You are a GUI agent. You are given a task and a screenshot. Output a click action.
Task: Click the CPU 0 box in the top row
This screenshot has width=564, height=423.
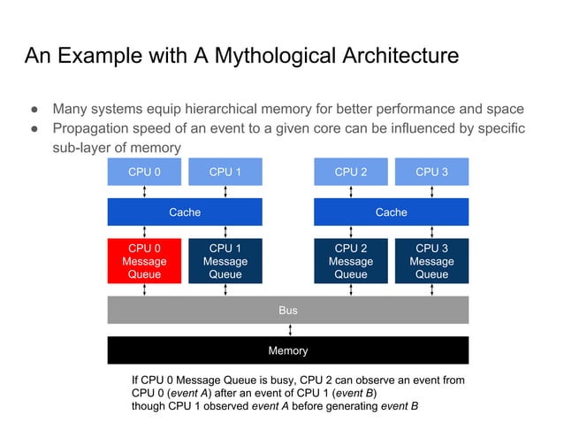144,172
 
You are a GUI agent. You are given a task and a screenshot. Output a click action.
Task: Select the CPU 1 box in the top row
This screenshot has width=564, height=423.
225,172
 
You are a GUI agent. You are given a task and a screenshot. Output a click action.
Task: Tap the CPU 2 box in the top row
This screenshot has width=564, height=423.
351,172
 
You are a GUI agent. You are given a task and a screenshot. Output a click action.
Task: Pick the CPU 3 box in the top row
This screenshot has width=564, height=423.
431,172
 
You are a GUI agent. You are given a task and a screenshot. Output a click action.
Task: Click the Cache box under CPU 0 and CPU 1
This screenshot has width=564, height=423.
185,212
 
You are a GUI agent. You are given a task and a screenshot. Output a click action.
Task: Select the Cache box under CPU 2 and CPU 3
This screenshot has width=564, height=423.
391,212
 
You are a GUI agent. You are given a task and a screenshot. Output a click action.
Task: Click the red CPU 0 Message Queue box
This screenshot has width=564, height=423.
144,261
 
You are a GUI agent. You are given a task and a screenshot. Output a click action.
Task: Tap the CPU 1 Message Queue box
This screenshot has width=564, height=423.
225,261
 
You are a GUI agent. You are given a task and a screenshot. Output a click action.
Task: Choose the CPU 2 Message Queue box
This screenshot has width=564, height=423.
351,261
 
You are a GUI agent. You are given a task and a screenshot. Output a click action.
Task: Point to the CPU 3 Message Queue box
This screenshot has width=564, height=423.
431,261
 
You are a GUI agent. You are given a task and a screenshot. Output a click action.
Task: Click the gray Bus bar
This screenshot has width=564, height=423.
287,311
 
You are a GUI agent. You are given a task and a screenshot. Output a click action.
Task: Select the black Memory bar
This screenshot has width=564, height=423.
287,350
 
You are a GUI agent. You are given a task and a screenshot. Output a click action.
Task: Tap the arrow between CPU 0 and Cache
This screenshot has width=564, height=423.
144,192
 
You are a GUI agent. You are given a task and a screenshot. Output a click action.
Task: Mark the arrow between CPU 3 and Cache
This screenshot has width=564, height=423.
431,192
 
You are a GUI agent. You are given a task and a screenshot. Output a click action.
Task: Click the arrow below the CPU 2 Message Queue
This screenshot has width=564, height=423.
351,289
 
